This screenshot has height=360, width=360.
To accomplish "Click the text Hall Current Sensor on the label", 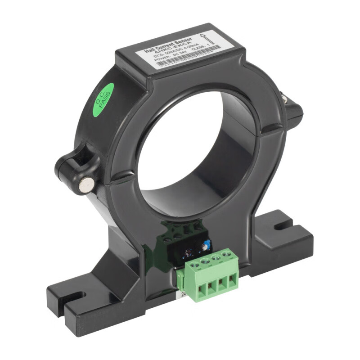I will pos(169,45).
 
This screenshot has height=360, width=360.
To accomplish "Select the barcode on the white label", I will pos(189,59).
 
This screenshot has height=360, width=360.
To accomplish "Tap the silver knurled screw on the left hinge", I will pos(86,184).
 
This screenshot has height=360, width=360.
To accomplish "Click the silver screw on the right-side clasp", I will pos(285,96).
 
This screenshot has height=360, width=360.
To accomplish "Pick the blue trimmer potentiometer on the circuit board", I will pos(206,244).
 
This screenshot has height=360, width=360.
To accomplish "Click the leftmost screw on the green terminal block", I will pos(195,265).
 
